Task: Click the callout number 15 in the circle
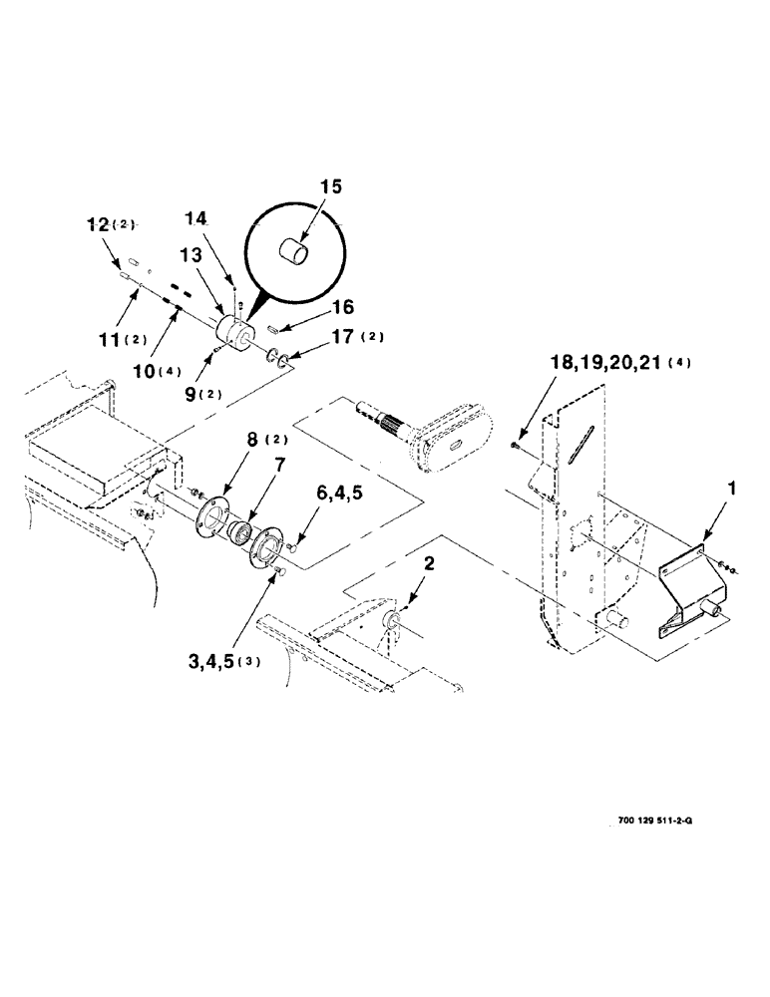[x=331, y=187]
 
